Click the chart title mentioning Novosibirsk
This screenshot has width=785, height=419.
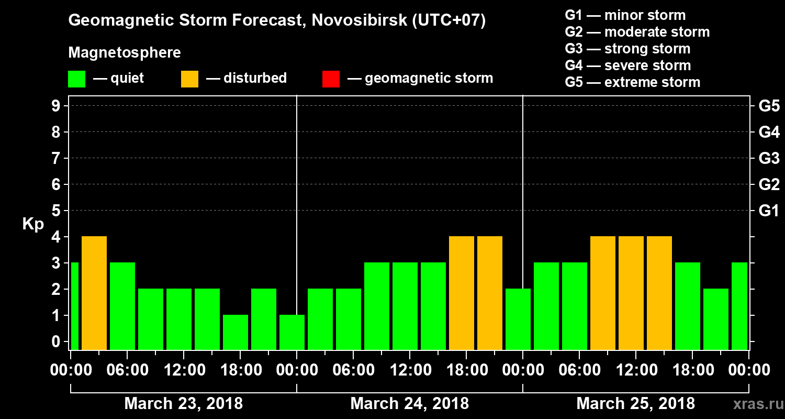click(277, 21)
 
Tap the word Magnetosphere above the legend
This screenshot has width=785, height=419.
click(125, 53)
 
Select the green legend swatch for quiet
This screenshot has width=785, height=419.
click(76, 79)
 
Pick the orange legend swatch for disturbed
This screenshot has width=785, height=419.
click(189, 79)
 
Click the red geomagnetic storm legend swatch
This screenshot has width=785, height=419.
click(331, 79)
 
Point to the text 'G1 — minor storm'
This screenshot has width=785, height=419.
click(625, 15)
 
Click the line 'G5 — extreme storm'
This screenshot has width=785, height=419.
click(632, 82)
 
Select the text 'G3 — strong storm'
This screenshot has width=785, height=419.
click(627, 49)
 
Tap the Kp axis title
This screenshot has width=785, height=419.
click(32, 224)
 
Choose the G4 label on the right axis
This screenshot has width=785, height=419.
click(769, 132)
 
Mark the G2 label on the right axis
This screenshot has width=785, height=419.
click(769, 184)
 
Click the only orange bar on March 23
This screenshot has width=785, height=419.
click(94, 293)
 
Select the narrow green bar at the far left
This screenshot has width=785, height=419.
click(74, 306)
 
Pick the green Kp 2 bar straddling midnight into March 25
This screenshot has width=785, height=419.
click(518, 319)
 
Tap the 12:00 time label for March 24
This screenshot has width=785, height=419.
click(410, 370)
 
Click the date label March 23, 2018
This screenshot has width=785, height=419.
click(183, 404)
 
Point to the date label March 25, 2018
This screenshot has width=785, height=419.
click(635, 404)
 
